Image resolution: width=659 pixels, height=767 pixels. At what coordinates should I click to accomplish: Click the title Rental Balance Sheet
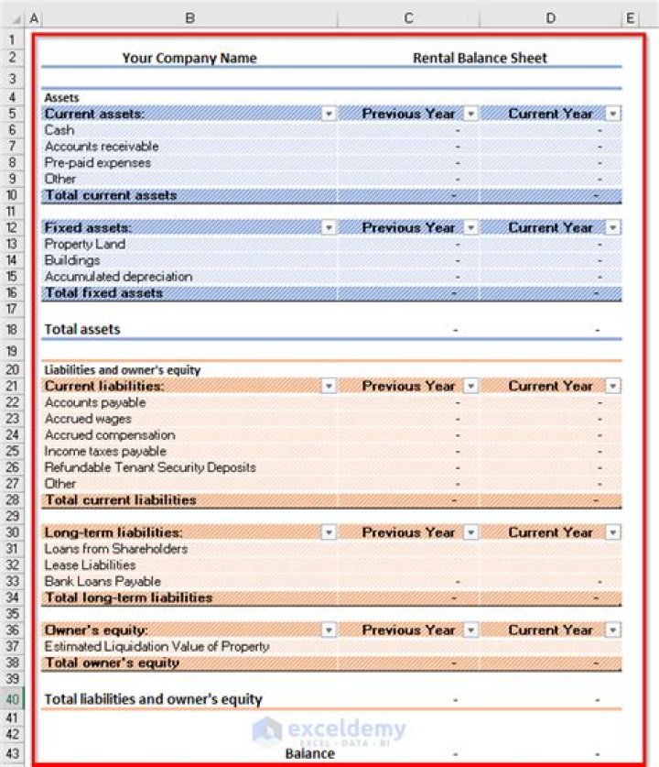(x=480, y=58)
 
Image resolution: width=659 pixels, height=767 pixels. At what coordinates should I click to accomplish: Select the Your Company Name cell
(x=189, y=58)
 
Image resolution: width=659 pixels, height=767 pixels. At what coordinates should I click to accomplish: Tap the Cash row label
(x=59, y=130)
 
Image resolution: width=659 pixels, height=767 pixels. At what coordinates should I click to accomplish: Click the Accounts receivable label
(x=102, y=147)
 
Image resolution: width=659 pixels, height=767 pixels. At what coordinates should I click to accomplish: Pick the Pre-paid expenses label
(x=98, y=162)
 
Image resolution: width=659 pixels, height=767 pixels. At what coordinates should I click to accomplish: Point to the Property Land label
(x=85, y=245)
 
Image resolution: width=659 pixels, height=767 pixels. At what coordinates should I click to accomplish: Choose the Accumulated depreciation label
(x=118, y=277)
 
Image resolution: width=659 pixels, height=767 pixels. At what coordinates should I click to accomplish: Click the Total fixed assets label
(x=103, y=293)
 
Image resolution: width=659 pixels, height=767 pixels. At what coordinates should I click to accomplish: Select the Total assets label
(x=82, y=329)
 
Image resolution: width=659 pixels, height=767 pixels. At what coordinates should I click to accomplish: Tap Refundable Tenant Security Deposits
(x=150, y=467)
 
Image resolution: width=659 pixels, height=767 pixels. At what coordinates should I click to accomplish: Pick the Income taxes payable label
(x=105, y=451)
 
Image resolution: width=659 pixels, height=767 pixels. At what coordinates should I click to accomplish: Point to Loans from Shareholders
(x=116, y=549)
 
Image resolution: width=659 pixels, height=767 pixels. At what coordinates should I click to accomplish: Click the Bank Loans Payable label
(x=103, y=581)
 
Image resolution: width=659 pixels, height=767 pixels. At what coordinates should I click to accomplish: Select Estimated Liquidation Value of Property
(x=157, y=646)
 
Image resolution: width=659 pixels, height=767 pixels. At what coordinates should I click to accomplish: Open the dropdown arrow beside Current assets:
(x=329, y=114)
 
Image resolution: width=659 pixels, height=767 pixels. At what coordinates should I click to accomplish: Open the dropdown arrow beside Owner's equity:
(x=329, y=630)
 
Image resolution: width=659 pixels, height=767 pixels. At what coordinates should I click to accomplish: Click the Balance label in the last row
(x=309, y=753)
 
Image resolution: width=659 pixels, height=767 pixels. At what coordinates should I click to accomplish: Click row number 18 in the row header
(x=12, y=329)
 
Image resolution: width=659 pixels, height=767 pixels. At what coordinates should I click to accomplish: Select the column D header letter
(x=550, y=18)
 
